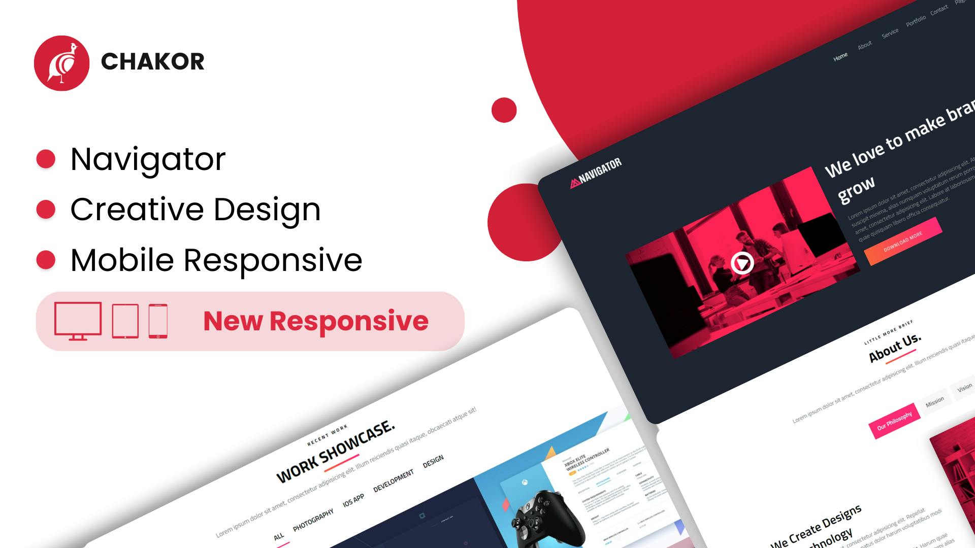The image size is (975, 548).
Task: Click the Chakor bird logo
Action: (61, 63)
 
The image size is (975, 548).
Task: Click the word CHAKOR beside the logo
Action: (152, 62)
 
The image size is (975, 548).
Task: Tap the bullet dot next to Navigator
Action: (46, 159)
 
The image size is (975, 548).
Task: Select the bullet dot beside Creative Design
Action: (46, 209)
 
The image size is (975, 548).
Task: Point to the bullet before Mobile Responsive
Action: (46, 260)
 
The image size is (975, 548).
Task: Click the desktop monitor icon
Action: (78, 320)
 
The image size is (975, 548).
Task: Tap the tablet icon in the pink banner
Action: (125, 321)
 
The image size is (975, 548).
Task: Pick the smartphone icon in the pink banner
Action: (158, 321)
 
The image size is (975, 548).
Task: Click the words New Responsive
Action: (316, 321)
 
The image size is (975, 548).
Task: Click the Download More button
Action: (902, 242)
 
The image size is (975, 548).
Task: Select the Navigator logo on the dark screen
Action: (596, 173)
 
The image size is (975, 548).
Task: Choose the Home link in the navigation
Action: (840, 57)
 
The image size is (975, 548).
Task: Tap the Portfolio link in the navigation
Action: (916, 21)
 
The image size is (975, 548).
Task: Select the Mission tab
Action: (934, 401)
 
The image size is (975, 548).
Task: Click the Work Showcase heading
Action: (335, 451)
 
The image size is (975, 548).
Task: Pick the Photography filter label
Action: (313, 520)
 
